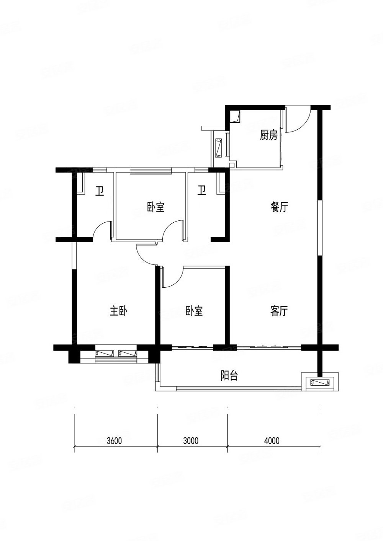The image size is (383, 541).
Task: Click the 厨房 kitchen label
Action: coord(268,135)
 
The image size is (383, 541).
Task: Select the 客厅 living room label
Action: coord(279,311)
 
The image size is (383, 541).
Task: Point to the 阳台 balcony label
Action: coord(229,376)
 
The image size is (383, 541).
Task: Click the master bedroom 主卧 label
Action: coord(118,311)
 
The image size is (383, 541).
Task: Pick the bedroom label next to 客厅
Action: coord(194,311)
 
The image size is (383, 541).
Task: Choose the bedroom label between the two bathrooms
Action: coord(155,207)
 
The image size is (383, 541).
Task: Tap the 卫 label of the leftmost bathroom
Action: coord(100,191)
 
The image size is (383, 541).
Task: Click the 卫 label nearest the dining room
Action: coord(202,191)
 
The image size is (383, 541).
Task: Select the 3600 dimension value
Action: coord(114,441)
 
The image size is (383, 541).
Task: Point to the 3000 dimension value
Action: coord(191,441)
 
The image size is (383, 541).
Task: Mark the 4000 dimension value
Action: coord(272,441)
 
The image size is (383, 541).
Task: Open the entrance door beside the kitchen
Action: coord(297,119)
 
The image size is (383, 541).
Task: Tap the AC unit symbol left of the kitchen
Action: coord(218,148)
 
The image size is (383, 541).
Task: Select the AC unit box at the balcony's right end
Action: coord(320,382)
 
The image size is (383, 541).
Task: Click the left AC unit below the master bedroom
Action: coord(105,353)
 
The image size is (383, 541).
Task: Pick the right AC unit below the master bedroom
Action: coord(128,353)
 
